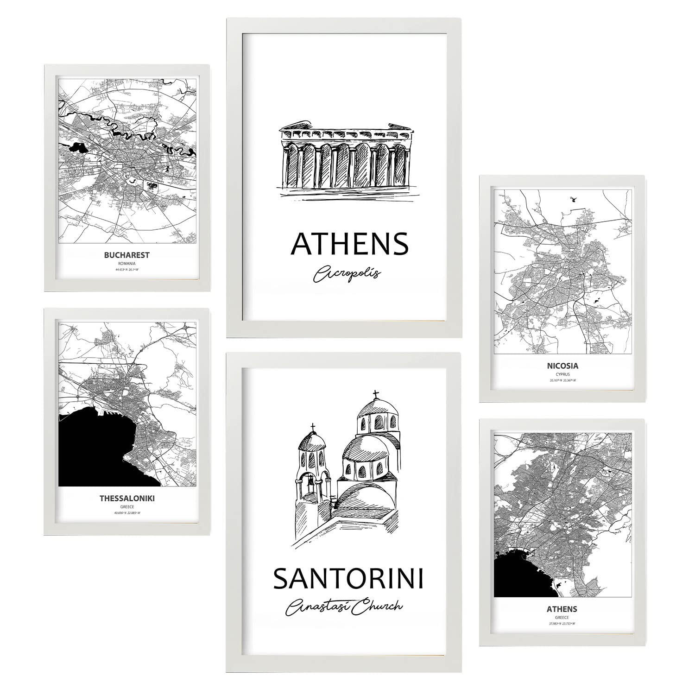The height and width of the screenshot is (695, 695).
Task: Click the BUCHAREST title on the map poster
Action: click(x=126, y=255)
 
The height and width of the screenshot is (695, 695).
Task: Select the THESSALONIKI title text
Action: click(x=127, y=499)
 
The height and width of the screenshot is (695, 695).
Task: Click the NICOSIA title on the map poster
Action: click(x=562, y=366)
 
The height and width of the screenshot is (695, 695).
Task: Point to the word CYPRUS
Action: click(x=562, y=374)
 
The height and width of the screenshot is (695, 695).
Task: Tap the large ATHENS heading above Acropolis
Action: click(x=350, y=244)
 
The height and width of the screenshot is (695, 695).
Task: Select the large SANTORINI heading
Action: click(x=348, y=579)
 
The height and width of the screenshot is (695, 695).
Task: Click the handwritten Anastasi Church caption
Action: click(x=345, y=607)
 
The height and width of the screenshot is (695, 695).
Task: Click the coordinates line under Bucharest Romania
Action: click(x=126, y=269)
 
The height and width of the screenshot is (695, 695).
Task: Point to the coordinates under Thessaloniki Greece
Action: click(x=126, y=513)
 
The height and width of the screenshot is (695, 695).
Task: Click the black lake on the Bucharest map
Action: click(x=77, y=148)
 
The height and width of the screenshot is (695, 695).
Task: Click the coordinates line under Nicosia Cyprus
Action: click(x=562, y=380)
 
